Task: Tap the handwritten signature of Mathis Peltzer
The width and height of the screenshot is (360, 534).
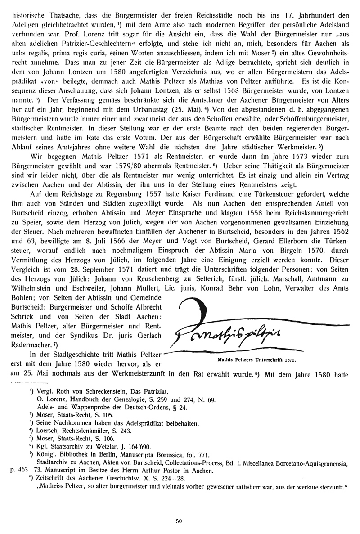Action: (x=229, y=331)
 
